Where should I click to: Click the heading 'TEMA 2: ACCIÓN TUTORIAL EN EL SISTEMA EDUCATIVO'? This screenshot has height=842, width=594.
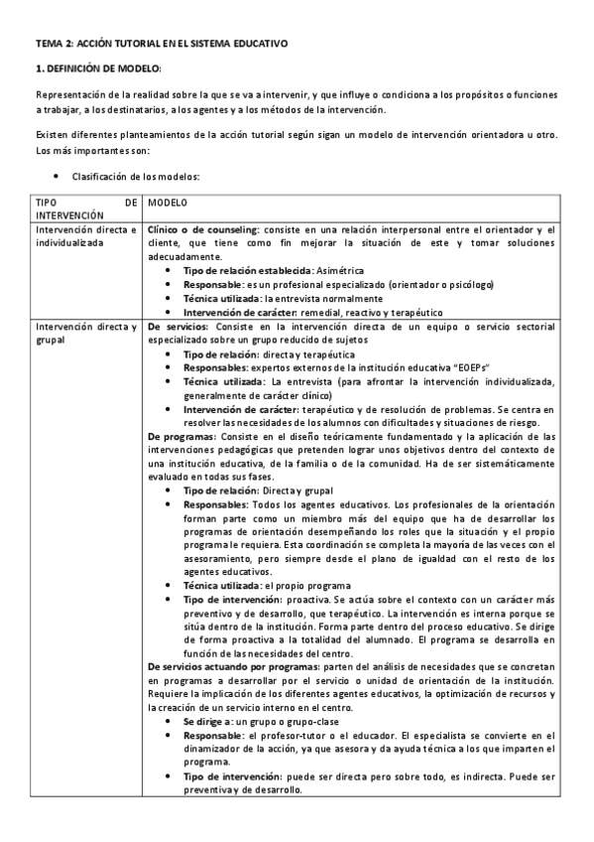coord(161,45)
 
